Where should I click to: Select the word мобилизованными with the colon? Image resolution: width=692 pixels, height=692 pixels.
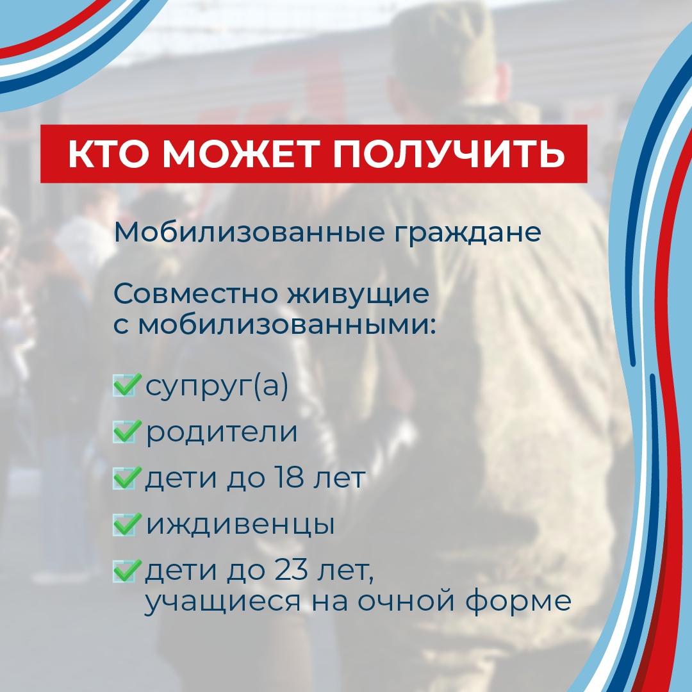click(287, 325)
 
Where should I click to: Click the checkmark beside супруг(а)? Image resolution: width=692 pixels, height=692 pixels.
click(127, 384)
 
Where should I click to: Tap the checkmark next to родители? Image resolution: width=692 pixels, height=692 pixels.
click(127, 431)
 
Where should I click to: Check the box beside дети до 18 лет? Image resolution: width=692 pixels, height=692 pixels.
click(127, 477)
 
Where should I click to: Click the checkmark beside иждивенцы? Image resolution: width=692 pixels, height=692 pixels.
click(127, 524)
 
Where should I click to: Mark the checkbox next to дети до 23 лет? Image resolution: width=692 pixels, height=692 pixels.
click(127, 571)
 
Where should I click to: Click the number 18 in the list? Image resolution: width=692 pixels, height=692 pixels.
click(288, 477)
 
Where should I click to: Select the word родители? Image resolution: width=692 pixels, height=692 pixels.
click(222, 432)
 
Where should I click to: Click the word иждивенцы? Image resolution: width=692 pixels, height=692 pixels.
click(240, 525)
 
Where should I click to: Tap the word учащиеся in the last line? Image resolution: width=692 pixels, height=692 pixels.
click(222, 602)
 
